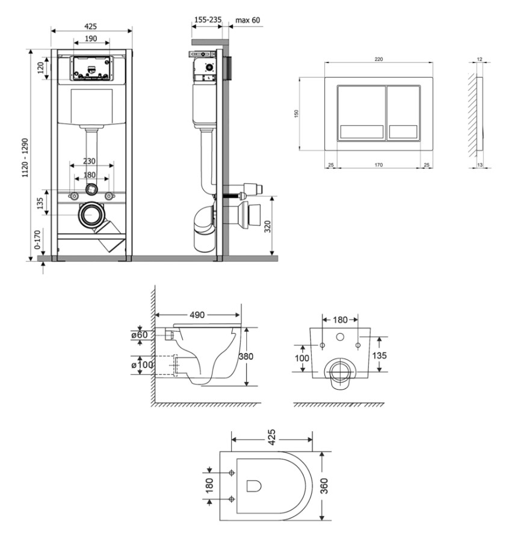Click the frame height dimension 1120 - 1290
(x=25, y=158)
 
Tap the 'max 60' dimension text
(x=248, y=20)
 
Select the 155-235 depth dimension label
(x=208, y=20)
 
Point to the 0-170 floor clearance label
(x=37, y=240)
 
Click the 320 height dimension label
(x=268, y=227)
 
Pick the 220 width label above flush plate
(x=379, y=59)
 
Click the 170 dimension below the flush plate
(x=379, y=165)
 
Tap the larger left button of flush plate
(x=362, y=112)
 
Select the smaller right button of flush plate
(x=403, y=112)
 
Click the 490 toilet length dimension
(x=197, y=315)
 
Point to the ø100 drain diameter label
(x=142, y=365)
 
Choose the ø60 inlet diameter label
(x=140, y=335)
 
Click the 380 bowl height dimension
(x=246, y=356)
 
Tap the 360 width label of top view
(x=324, y=486)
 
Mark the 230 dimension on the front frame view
(x=89, y=161)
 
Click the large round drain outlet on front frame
(x=91, y=215)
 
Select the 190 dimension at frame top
(x=91, y=38)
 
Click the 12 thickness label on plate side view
(x=480, y=60)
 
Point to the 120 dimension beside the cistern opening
(x=40, y=68)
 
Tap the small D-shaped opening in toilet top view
(x=253, y=486)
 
